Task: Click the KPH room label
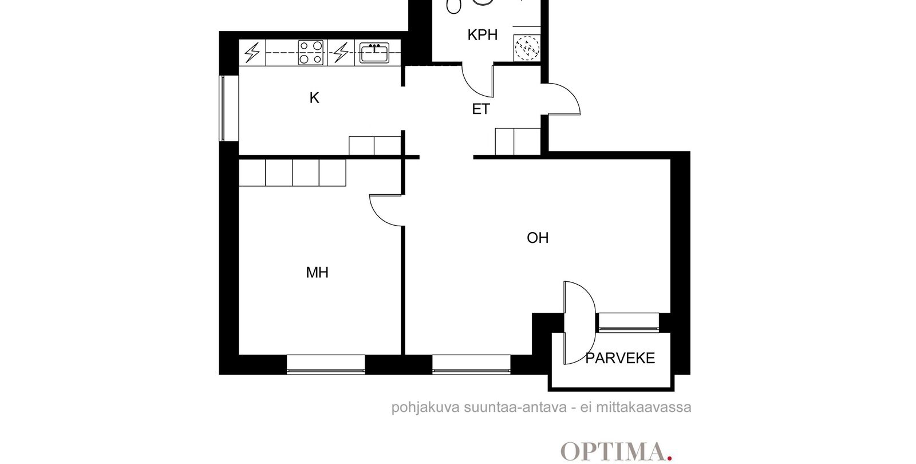pos(483,35)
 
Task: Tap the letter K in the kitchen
pos(314,98)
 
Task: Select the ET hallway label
pos(481,109)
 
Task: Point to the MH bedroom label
pos(317,273)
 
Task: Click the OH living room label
pos(538,238)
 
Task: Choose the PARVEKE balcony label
pos(620,359)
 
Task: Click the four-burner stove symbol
pos(310,52)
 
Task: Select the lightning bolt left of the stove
pos(252,53)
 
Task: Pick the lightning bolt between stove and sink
pos(341,53)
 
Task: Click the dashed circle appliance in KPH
pos(527,48)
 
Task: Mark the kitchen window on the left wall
pos(223,108)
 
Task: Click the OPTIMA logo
pos(616,452)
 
